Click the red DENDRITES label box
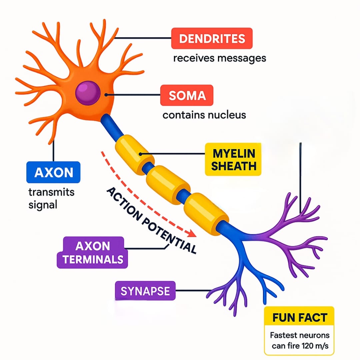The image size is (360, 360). pos(212,39)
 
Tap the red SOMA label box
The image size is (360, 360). pos(187,96)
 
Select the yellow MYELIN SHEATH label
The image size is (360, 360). pos(233,159)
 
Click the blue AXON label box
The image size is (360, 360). pos(53,172)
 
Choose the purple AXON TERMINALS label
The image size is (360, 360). pos(92,252)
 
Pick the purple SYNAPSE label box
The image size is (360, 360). pos(145,291)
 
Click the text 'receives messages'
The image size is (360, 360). pos(219,58)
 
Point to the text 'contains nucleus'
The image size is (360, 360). pos(204,115)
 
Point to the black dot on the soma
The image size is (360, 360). pos(106,95)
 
